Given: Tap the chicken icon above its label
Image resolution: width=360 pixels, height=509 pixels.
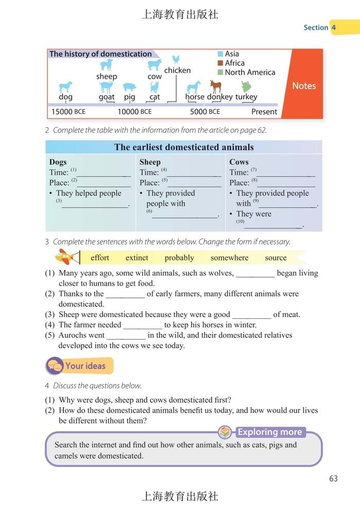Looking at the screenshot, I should [x=176, y=59].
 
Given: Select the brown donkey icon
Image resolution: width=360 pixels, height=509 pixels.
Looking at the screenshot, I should [x=216, y=86].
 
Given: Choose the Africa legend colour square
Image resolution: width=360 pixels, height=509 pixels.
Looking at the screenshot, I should [x=220, y=63].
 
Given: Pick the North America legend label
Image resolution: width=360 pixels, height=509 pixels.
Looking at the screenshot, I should [x=250, y=73].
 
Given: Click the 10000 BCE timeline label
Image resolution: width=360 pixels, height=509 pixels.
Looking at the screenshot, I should [x=134, y=111].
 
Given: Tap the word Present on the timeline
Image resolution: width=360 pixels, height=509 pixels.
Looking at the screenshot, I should [x=264, y=111].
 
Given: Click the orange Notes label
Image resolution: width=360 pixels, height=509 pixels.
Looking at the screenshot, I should [x=304, y=86].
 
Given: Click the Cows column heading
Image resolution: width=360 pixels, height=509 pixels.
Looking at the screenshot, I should [x=239, y=162].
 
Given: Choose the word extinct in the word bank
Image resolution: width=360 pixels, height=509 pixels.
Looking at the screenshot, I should [x=136, y=258].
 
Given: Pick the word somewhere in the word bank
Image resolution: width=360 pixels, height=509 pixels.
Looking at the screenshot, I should [x=229, y=258].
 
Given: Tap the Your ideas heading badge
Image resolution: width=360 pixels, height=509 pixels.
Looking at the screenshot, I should [x=79, y=366].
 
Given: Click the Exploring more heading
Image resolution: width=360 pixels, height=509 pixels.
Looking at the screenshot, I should [x=269, y=432].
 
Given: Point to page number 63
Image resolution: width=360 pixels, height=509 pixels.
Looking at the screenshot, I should [x=333, y=479].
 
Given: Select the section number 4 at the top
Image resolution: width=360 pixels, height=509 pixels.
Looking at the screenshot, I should [x=334, y=27].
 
